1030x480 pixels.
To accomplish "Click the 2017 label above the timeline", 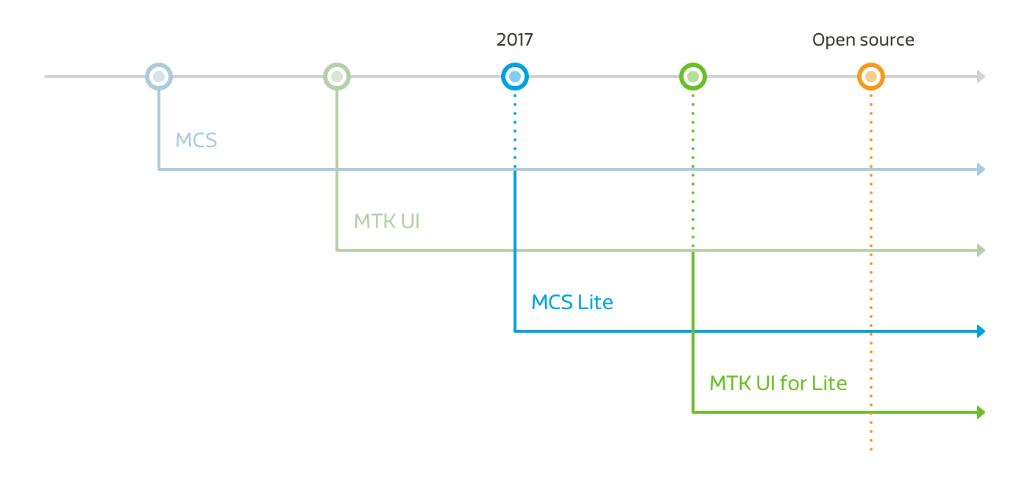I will point(514,40).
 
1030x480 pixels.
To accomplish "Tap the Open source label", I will point(863,40).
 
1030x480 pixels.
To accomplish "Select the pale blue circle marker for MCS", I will point(159,77).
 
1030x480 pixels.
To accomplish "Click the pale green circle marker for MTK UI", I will point(337,77).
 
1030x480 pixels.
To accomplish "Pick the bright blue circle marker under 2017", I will point(515,77).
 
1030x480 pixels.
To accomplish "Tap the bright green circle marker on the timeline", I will point(693,77).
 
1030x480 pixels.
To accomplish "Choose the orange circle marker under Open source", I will point(871,77).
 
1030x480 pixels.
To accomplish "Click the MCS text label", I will point(196,140).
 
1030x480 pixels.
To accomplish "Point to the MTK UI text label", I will point(386,221).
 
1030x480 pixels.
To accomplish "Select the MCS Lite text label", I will point(572,302).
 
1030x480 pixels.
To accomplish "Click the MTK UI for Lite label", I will point(778,383).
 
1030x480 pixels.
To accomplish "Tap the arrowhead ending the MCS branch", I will point(981,170).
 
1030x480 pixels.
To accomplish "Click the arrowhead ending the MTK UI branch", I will point(981,251).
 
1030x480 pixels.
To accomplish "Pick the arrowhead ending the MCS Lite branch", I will point(981,331).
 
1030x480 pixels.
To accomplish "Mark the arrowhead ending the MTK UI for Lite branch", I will point(981,412).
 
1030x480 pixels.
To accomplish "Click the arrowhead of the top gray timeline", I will point(981,77).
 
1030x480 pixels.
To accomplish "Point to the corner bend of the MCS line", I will point(159,169).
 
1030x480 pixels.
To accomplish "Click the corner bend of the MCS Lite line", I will point(515,331).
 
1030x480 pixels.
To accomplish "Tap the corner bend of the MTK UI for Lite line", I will point(693,412).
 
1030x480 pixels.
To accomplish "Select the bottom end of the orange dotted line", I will point(871,448).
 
